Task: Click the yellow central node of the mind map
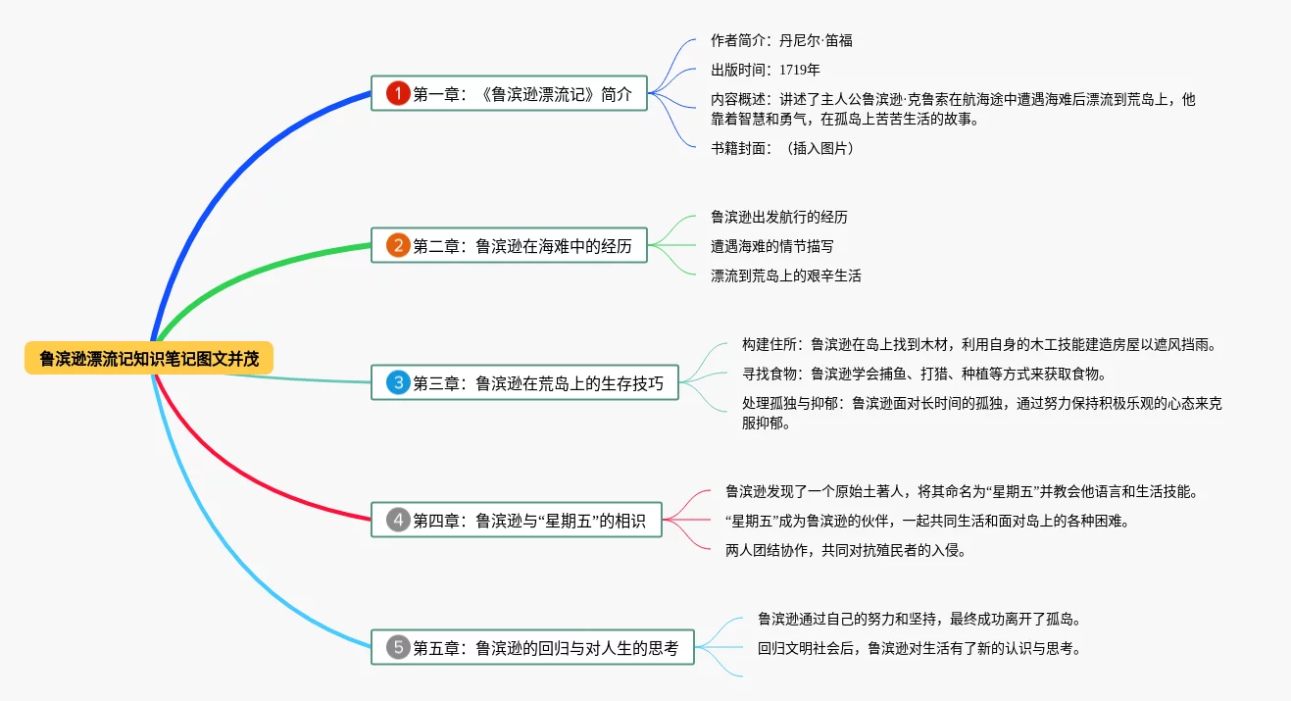click(149, 359)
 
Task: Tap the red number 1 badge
click(397, 94)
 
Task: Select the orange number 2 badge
click(397, 245)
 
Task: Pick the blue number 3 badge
click(397, 382)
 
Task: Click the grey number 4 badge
click(397, 520)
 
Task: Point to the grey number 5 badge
click(397, 647)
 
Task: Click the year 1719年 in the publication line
click(800, 70)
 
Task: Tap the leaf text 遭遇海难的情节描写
click(772, 246)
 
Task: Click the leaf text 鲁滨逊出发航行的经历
click(779, 217)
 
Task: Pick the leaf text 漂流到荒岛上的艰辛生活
click(786, 276)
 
